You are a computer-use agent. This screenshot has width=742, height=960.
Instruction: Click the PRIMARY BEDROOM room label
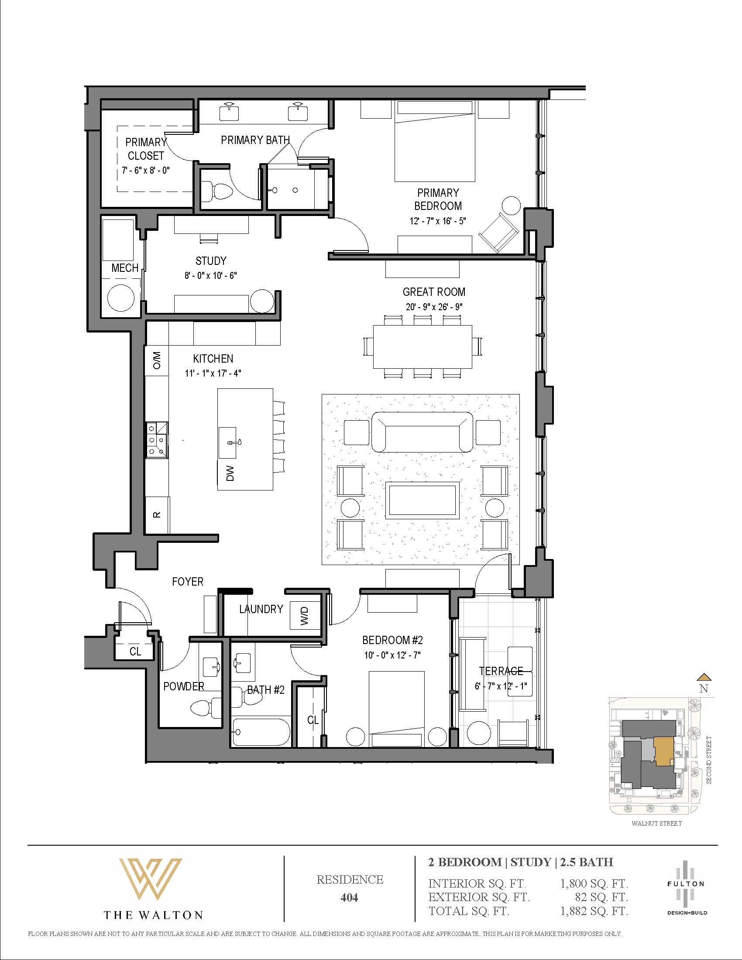point(438,199)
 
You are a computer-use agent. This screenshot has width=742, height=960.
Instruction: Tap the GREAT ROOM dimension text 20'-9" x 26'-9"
point(434,307)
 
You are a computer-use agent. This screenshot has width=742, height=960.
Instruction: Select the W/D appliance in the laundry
point(306,615)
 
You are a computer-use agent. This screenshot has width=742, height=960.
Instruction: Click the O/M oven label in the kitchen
point(158,360)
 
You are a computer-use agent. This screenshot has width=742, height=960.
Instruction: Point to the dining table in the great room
point(423,347)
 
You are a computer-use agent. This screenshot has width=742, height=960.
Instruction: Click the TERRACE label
point(501,671)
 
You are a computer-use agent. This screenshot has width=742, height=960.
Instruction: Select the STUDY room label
point(211,261)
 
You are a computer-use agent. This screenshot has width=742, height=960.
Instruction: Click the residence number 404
point(350,898)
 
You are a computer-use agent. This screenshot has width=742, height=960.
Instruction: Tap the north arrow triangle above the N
point(704,677)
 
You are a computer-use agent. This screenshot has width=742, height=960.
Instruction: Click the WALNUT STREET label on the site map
point(657,823)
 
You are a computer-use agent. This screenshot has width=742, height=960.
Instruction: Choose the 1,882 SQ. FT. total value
point(594,911)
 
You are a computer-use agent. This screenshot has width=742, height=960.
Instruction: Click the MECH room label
point(125,268)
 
